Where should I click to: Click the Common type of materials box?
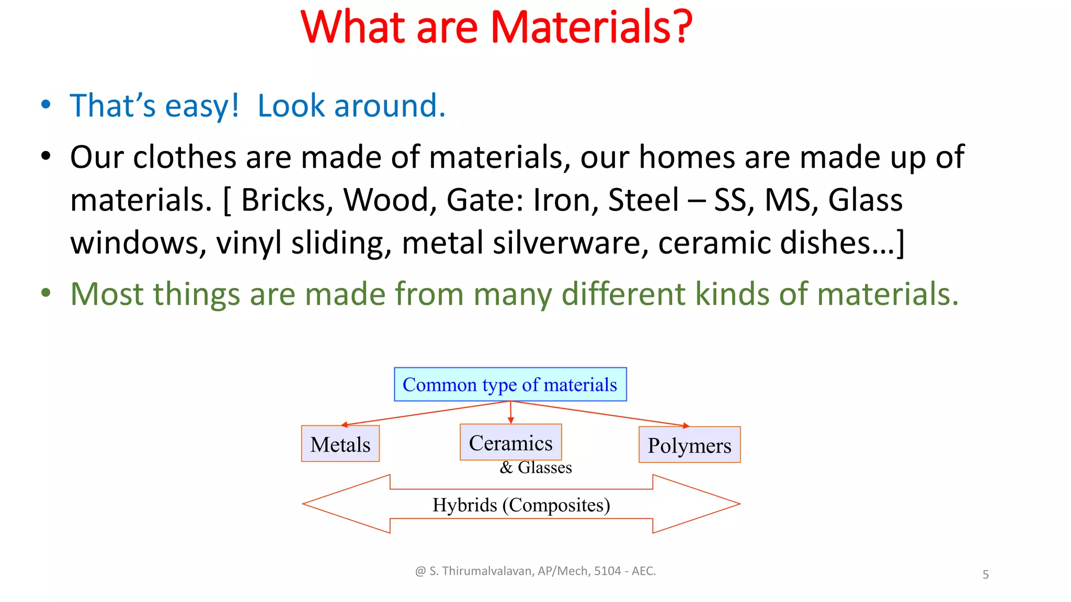pyautogui.click(x=510, y=385)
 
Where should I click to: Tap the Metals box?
pyautogui.click(x=340, y=444)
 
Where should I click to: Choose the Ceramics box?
pyautogui.click(x=510, y=443)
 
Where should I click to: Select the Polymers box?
pyautogui.click(x=689, y=445)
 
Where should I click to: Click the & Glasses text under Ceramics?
pyautogui.click(x=535, y=467)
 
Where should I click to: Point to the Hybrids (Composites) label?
pyautogui.click(x=521, y=505)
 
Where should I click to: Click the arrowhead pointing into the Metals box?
pyautogui.click(x=344, y=425)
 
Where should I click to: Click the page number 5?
pyautogui.click(x=985, y=575)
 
